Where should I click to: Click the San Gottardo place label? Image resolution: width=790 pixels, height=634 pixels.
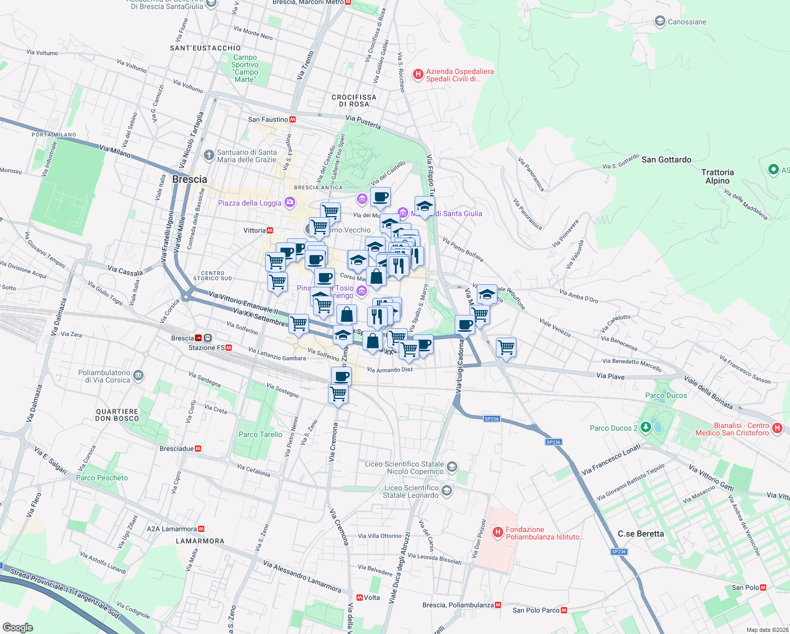click(x=666, y=160)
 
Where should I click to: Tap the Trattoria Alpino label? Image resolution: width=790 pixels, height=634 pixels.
click(x=717, y=176)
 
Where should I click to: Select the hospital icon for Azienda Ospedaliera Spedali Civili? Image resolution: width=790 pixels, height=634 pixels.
click(x=418, y=74)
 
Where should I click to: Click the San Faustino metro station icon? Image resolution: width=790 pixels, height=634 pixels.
click(x=293, y=119)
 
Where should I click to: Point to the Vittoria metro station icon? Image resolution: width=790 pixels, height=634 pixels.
click(x=270, y=230)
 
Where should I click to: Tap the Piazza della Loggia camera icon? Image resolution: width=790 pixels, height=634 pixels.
click(x=289, y=202)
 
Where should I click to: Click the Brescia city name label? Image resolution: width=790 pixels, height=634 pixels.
click(x=190, y=180)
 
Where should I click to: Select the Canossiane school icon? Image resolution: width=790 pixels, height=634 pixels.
click(x=660, y=22)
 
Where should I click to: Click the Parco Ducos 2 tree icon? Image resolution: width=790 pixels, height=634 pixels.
click(x=645, y=427)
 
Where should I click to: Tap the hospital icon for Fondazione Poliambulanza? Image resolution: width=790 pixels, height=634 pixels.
click(x=497, y=533)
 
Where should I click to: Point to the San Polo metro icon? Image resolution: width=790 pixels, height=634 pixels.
click(x=763, y=588)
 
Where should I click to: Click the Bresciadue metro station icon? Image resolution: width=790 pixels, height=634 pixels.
click(x=198, y=449)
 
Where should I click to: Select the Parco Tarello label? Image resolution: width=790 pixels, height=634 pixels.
click(x=260, y=434)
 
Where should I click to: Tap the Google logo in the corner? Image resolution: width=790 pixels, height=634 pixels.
click(x=17, y=627)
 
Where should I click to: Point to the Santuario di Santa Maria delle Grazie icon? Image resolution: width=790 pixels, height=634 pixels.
click(x=209, y=155)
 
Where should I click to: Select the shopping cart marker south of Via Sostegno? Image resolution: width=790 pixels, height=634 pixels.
click(x=338, y=394)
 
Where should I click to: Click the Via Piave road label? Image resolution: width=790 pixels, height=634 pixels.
click(x=610, y=376)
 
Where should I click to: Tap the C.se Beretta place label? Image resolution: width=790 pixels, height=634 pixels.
click(x=641, y=534)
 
